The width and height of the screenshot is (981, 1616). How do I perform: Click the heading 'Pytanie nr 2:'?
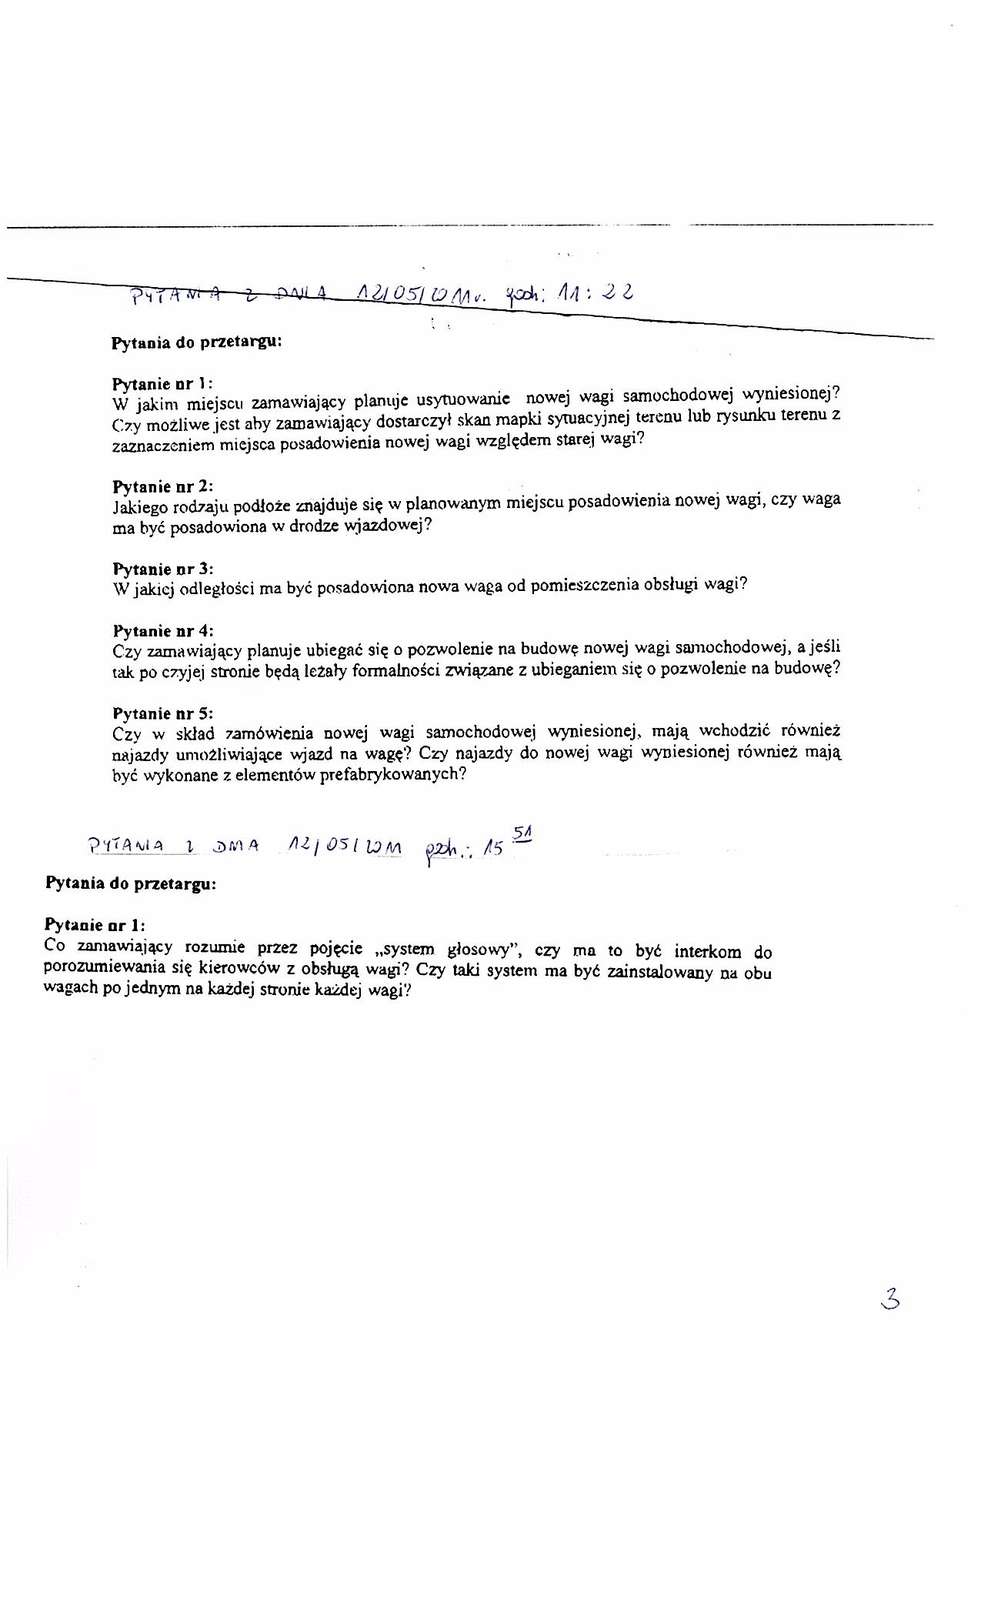click(162, 486)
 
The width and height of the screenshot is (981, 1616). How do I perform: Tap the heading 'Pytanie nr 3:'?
click(162, 569)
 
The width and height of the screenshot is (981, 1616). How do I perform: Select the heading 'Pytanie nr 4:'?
click(162, 631)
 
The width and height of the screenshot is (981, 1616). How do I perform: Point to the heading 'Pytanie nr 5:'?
click(162, 713)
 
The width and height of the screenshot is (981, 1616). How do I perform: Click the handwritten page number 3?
click(890, 1299)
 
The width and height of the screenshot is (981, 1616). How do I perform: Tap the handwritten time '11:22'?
click(586, 292)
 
